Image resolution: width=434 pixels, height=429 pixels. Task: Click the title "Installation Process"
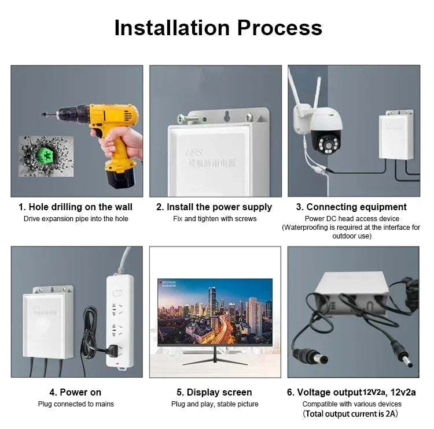click(218, 28)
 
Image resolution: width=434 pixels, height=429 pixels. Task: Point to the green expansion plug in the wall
click(46, 155)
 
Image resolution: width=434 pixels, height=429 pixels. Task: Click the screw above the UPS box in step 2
click(185, 118)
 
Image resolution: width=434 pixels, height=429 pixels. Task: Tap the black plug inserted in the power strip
click(110, 350)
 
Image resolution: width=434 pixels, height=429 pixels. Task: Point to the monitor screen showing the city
click(215, 312)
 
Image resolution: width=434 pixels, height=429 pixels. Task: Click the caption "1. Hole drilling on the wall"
click(76, 207)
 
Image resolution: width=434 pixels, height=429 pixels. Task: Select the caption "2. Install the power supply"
click(214, 207)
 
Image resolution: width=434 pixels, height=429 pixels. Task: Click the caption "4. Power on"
click(76, 393)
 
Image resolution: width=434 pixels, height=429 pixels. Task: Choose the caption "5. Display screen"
click(214, 393)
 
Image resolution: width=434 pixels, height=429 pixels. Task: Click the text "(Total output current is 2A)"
click(351, 414)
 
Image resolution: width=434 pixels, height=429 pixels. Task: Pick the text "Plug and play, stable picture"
click(214, 404)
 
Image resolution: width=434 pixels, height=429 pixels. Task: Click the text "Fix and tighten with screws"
click(214, 219)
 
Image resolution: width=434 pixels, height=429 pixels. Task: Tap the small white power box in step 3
click(396, 136)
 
